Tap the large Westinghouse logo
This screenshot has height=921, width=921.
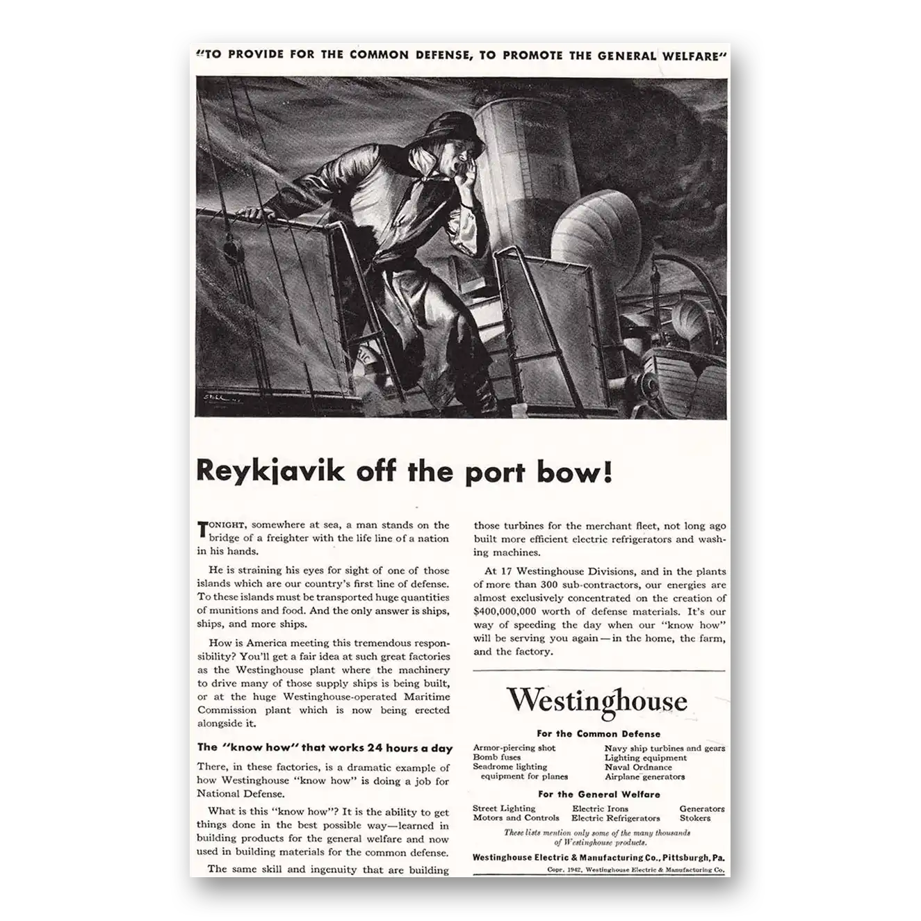point(596,701)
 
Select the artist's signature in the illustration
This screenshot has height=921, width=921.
point(218,399)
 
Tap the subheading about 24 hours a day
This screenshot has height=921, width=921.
point(325,749)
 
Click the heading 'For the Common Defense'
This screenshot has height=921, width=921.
point(598,733)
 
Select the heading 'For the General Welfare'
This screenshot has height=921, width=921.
point(598,794)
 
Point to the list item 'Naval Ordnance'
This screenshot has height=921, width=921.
point(638,767)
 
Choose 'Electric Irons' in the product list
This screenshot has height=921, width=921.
point(600,808)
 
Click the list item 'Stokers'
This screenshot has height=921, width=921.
point(695,818)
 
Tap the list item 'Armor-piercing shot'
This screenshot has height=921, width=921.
point(514,748)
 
